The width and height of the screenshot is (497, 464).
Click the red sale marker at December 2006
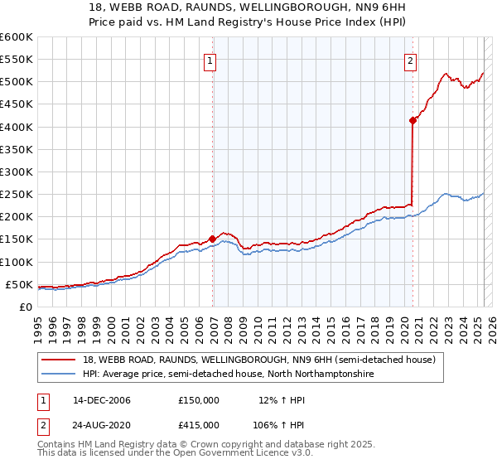point(213,239)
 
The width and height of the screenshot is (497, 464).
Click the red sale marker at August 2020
point(413,120)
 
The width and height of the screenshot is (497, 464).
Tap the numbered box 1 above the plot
point(210,60)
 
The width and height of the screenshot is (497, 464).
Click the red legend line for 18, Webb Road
point(60,359)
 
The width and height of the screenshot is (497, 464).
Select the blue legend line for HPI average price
point(60,374)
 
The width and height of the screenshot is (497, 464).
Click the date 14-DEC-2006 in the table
point(101,400)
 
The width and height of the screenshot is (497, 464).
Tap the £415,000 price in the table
point(199,424)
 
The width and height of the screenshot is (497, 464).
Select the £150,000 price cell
point(199,400)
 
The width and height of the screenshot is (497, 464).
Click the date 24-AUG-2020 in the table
point(101,424)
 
